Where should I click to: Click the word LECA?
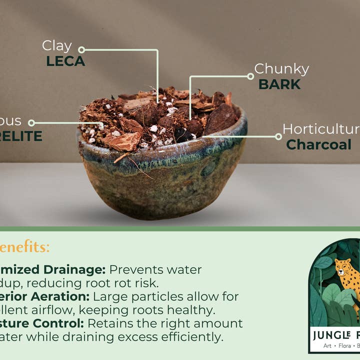65,61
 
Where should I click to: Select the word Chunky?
281,69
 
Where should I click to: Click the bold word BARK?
279,84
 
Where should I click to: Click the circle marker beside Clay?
81,49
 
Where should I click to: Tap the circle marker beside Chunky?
250,76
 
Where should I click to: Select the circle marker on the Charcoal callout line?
278,136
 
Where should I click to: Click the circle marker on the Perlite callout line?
31,122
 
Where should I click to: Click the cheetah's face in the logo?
343,268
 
